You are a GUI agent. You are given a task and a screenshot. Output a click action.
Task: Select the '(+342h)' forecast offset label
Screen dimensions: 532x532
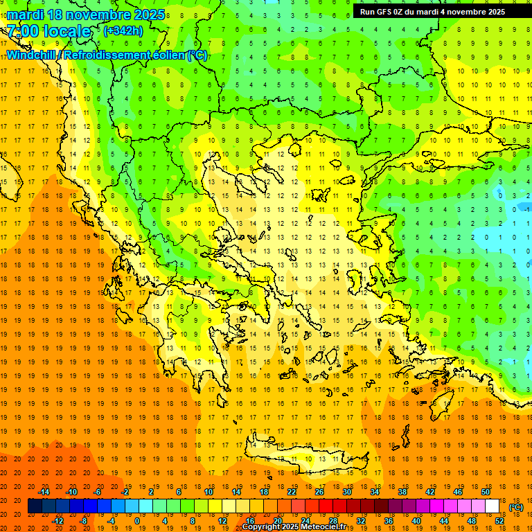pos(123,31)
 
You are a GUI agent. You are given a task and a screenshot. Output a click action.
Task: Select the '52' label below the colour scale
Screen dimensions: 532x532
pos(499,521)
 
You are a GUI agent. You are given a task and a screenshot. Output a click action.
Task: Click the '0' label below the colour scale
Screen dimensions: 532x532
pos(137,521)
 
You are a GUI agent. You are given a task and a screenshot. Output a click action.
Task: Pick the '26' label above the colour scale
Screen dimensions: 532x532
pos(319,492)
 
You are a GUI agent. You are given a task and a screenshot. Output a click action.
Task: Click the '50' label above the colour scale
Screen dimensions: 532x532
pos(486,492)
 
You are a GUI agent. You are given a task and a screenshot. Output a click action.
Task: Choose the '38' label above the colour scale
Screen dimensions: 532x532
pos(402,492)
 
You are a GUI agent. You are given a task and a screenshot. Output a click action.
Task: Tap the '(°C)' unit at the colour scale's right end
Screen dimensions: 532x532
pos(516,506)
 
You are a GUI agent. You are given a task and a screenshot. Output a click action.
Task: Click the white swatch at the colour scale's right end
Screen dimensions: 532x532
pos(493,506)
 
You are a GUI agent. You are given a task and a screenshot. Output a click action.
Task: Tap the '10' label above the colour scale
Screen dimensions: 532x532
pos(209,492)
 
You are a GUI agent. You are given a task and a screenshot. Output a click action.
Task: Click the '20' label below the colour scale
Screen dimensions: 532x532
pos(278,521)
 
